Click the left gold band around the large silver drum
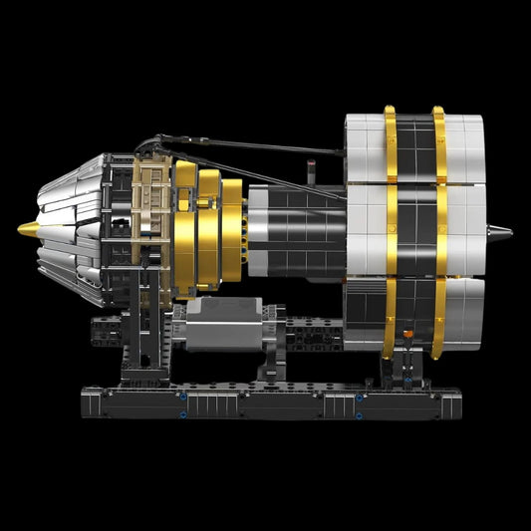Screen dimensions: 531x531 click(x=390, y=229)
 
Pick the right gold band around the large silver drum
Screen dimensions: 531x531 click(x=439, y=229)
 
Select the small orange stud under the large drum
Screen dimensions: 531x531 click(x=405, y=328)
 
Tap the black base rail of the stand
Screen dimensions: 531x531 click(x=269, y=403)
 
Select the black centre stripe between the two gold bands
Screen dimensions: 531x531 click(x=414, y=229)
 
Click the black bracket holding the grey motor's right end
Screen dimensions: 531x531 click(x=274, y=329)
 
